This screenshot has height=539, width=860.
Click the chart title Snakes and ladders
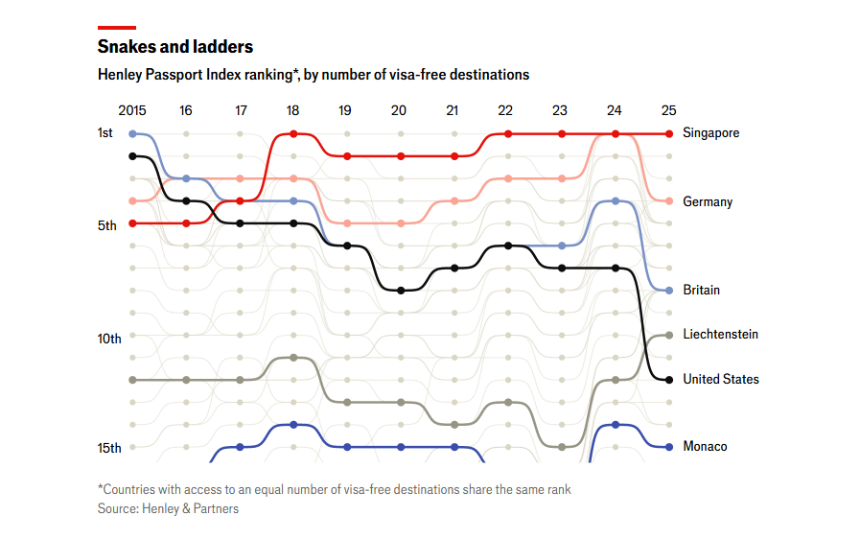tap(175, 46)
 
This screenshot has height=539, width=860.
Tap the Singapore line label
tap(710, 133)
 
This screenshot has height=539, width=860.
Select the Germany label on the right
tap(708, 201)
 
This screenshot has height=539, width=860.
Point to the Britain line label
tap(701, 290)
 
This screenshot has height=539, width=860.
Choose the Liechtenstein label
tap(720, 335)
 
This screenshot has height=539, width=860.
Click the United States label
tap(720, 379)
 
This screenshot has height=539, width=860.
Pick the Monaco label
tap(705, 446)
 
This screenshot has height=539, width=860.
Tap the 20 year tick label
tap(399, 111)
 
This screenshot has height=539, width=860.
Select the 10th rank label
tap(109, 339)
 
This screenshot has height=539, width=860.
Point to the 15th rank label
tap(109, 448)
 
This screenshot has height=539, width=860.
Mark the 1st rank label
tap(105, 132)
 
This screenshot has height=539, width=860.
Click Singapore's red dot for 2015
tap(132, 223)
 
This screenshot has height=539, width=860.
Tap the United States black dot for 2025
tap(669, 380)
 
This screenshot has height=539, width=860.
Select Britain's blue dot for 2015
tap(132, 134)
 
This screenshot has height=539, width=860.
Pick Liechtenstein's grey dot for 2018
tap(293, 358)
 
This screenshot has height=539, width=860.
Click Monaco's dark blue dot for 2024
tap(616, 424)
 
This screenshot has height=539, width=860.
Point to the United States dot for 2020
tap(401, 290)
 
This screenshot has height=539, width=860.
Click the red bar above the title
tap(116, 28)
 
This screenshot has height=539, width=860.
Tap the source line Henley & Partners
tap(168, 508)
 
